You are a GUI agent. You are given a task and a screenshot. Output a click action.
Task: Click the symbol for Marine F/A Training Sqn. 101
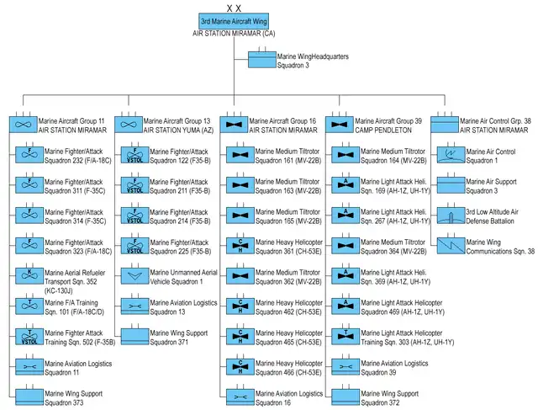click(x=29, y=305)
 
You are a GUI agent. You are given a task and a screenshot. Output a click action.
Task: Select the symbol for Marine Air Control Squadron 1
click(x=451, y=155)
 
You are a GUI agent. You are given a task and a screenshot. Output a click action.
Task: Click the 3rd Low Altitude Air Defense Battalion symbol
click(x=451, y=215)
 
